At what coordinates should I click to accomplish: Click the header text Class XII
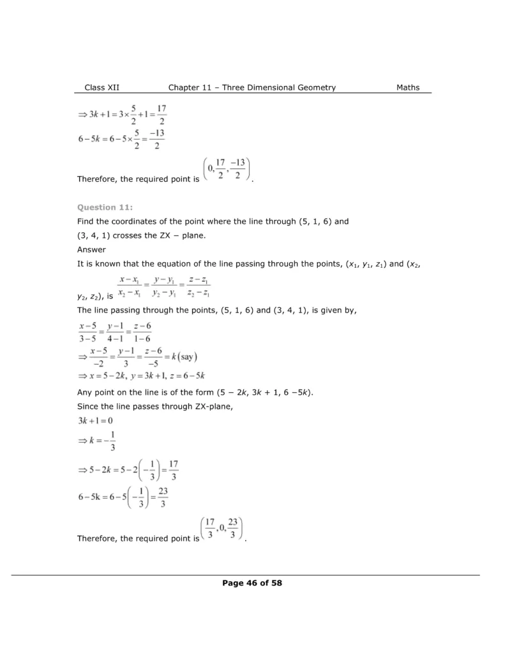tap(102, 87)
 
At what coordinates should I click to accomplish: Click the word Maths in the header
tap(408, 87)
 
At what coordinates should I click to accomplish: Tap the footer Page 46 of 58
tap(252, 582)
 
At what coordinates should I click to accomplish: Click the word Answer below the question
tap(91, 250)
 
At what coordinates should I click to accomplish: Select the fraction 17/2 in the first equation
tap(162, 115)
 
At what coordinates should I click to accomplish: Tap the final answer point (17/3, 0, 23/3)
tap(223, 529)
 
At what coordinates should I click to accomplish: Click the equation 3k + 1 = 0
tap(95, 421)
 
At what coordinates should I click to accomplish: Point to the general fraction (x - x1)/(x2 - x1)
tap(129, 286)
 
